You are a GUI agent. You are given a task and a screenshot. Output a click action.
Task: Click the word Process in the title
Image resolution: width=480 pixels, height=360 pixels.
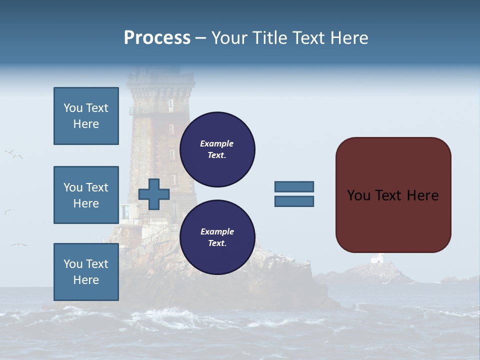[157, 38]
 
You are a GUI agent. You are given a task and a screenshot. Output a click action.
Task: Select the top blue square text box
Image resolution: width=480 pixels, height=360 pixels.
[86, 116]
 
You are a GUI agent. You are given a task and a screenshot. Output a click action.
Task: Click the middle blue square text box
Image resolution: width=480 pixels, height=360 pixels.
[86, 195]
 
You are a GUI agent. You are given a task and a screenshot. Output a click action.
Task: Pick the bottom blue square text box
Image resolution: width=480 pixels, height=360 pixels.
[86, 272]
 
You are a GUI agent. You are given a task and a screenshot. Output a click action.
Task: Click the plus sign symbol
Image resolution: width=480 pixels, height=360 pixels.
[154, 194]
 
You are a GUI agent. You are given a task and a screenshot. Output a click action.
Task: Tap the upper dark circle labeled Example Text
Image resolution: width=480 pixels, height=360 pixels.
[217, 149]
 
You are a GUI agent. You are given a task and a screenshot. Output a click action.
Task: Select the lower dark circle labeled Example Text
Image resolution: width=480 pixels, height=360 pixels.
[217, 237]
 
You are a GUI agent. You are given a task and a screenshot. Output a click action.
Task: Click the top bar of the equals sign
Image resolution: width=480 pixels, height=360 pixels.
[294, 187]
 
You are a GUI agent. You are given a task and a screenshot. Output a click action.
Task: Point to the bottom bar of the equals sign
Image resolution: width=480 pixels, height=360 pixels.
[294, 201]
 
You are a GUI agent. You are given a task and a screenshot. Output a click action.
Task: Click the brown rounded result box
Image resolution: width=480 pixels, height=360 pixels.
[393, 195]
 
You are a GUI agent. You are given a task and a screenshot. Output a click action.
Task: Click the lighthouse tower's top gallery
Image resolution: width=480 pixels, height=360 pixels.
[160, 78]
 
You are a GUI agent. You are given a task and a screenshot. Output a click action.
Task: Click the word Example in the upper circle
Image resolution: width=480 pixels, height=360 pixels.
[217, 143]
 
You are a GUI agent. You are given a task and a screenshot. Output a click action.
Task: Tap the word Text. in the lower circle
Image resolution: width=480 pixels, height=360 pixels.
[217, 243]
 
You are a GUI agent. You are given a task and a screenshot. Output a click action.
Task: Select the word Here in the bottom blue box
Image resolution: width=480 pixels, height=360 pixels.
[86, 280]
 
